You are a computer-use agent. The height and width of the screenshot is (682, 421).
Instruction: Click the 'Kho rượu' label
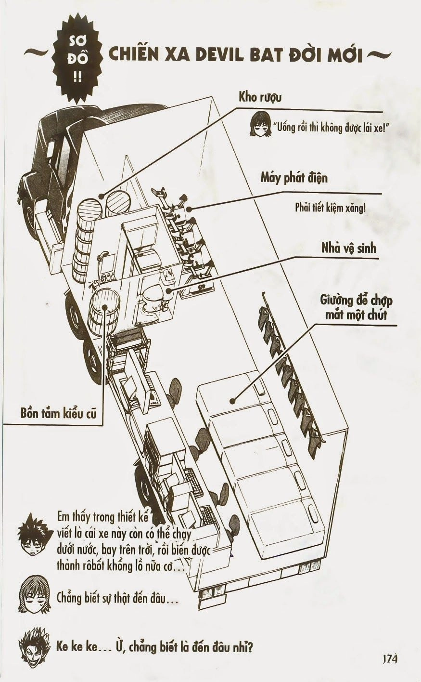point(260,97)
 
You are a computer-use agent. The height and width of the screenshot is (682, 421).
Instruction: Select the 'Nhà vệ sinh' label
point(349,248)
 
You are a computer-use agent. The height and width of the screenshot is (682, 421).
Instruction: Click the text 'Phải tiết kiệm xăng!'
point(331,209)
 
